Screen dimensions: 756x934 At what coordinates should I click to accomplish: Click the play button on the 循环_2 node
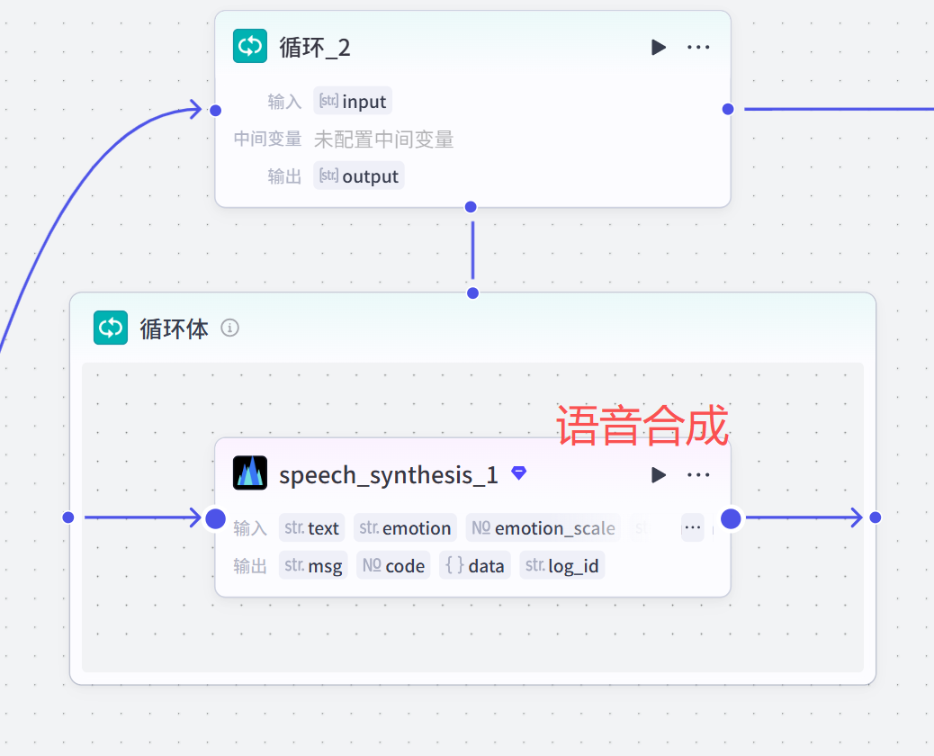pyautogui.click(x=659, y=47)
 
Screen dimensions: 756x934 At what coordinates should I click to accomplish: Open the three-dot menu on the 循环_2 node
pyautogui.click(x=698, y=47)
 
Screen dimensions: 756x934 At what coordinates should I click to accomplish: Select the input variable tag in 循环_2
pyautogui.click(x=353, y=101)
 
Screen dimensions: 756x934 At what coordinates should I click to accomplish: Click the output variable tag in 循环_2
pyautogui.click(x=359, y=175)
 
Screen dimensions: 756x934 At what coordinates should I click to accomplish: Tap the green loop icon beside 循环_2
pyautogui.click(x=250, y=47)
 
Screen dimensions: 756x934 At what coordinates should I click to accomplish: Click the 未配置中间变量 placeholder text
pyautogui.click(x=383, y=139)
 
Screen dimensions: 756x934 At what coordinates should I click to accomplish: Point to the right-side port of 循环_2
pyautogui.click(x=728, y=109)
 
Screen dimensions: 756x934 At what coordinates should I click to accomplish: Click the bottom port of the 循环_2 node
pyautogui.click(x=471, y=207)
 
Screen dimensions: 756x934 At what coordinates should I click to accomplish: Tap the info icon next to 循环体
pyautogui.click(x=230, y=328)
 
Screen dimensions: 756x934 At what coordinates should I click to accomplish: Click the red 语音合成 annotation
pyautogui.click(x=642, y=426)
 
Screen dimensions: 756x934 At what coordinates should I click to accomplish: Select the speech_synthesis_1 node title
pyautogui.click(x=389, y=474)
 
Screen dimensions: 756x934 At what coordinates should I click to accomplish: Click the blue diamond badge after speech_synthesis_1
pyautogui.click(x=519, y=472)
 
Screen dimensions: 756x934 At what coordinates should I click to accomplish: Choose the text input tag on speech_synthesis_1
pyautogui.click(x=312, y=527)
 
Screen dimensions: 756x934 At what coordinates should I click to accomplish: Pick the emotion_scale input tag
pyautogui.click(x=543, y=527)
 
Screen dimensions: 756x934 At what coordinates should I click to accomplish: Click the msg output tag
pyautogui.click(x=313, y=565)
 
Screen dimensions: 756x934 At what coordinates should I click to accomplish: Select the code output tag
pyautogui.click(x=393, y=565)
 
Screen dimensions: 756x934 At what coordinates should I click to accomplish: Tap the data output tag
pyautogui.click(x=475, y=565)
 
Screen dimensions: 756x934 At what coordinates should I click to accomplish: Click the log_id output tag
pyautogui.click(x=562, y=565)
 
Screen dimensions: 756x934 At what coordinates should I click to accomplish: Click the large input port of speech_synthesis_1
pyautogui.click(x=215, y=518)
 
